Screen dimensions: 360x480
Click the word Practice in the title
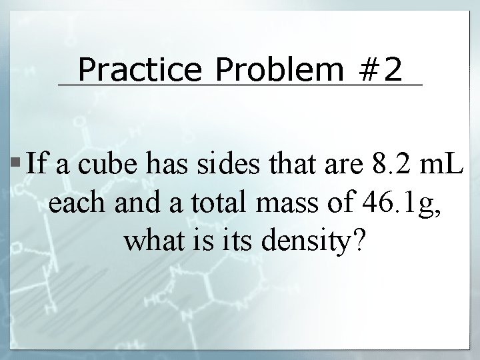click(129, 69)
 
